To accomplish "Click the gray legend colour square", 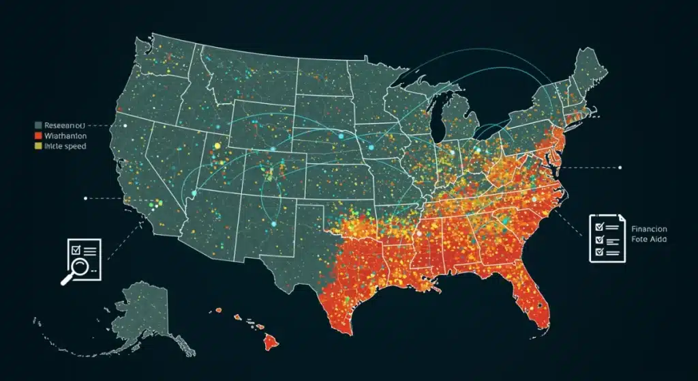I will [x=38, y=125].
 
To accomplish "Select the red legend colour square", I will [x=38, y=135].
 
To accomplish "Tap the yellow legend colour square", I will [x=38, y=145].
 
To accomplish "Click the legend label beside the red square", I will [x=63, y=135].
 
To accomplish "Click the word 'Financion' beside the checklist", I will [x=649, y=229].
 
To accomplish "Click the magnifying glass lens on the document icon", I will [x=77, y=268].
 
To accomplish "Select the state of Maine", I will [x=588, y=68].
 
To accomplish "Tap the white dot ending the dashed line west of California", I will [x=85, y=198].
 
